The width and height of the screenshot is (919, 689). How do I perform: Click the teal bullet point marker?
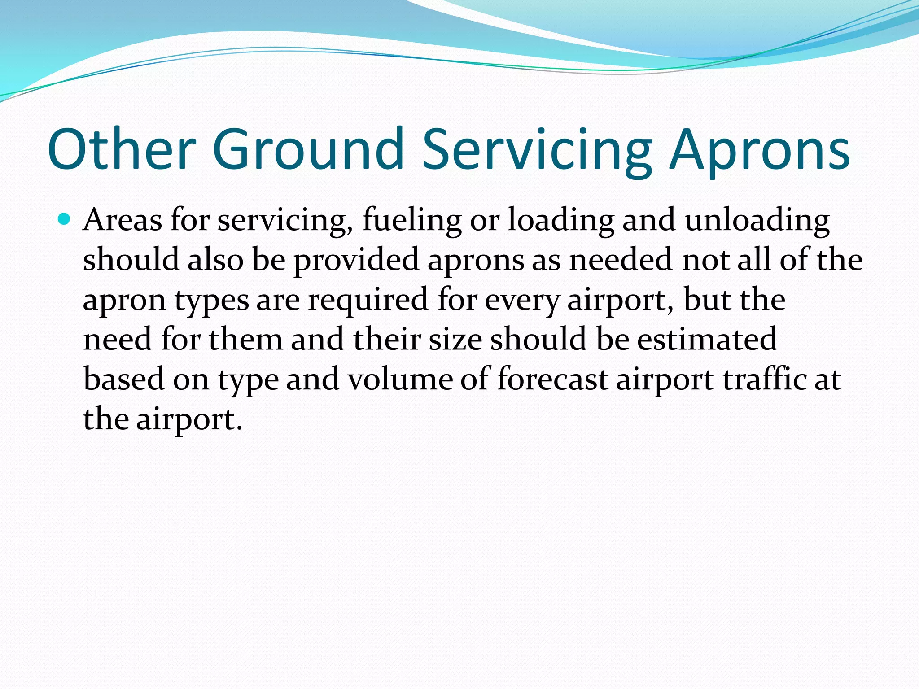(x=65, y=220)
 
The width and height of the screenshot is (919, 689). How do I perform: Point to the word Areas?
(x=122, y=220)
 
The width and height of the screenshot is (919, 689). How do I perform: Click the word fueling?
(x=411, y=221)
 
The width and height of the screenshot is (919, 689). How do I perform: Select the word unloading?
(x=757, y=221)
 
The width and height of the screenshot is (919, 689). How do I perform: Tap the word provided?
(x=356, y=261)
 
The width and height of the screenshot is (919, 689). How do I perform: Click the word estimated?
(x=707, y=340)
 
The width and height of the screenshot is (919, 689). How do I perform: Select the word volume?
(x=400, y=379)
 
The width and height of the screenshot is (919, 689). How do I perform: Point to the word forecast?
(x=552, y=379)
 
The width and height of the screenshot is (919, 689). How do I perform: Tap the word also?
(x=215, y=260)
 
